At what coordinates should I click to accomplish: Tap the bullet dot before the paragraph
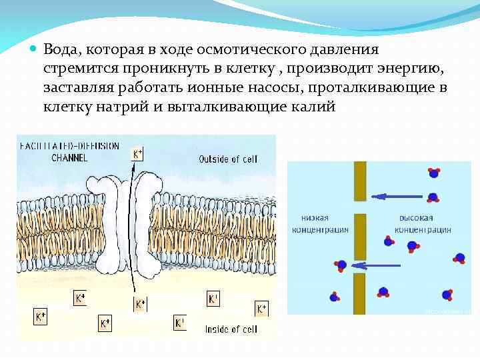(x=34, y=50)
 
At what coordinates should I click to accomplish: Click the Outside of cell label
(x=228, y=159)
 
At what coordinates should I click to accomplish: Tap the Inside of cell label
(x=230, y=329)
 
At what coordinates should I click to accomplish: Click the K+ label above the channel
(x=137, y=154)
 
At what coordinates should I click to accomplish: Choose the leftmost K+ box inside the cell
(x=41, y=317)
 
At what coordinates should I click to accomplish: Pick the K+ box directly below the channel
(x=140, y=305)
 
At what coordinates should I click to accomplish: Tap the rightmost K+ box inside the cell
(x=262, y=309)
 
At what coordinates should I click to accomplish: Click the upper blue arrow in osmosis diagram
(x=398, y=196)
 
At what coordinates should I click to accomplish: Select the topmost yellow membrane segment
(x=360, y=181)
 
